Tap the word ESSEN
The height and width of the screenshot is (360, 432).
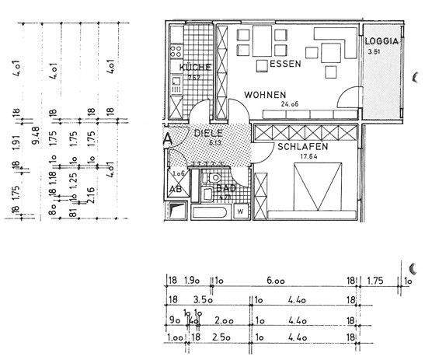(x=287, y=65)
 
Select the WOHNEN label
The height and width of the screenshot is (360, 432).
(x=265, y=95)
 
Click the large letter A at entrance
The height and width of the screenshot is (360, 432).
(x=169, y=140)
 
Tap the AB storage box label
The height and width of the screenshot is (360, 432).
(x=176, y=190)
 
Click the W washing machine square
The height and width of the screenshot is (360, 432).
(x=240, y=210)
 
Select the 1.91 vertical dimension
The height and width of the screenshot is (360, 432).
(x=16, y=142)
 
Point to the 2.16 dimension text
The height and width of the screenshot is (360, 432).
(x=91, y=192)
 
